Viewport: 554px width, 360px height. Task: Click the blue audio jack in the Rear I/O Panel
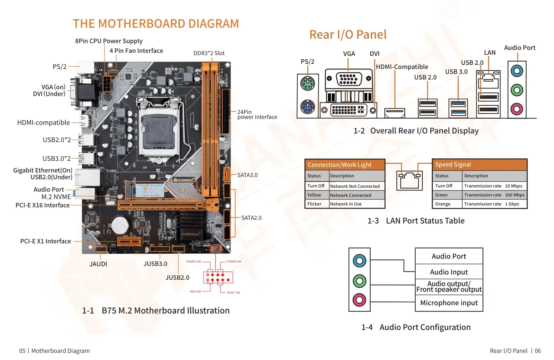pos(517,70)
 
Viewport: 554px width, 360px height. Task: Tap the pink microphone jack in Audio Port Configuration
pos(359,300)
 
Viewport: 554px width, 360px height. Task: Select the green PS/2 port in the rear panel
pos(308,83)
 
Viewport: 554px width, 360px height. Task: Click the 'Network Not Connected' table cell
pos(355,186)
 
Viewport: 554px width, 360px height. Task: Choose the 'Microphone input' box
pos(449,303)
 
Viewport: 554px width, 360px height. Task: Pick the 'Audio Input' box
pos(449,272)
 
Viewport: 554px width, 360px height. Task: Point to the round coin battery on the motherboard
pos(120,225)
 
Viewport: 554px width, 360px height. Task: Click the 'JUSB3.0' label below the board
pos(155,264)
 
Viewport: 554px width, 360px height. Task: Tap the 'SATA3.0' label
pos(247,175)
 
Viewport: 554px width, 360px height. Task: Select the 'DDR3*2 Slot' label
pos(209,53)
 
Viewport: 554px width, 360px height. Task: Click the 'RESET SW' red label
pos(233,292)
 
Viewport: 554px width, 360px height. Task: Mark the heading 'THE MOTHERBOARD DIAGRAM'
pos(156,24)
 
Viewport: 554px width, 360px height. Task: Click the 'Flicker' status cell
pos(314,204)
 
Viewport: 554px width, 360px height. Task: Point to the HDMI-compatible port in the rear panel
pos(395,112)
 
